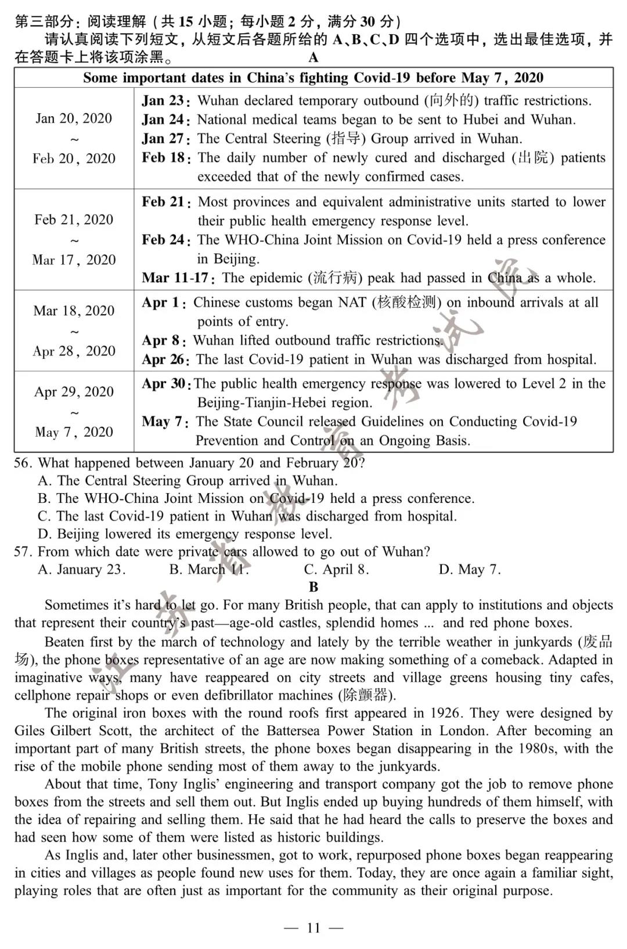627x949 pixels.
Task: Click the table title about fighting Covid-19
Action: tap(313, 78)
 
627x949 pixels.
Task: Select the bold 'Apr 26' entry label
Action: tap(164, 360)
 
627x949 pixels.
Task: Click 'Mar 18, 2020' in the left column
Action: tap(74, 311)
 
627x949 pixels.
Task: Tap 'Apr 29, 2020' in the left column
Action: tap(74, 392)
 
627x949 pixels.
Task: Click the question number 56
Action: tap(22, 463)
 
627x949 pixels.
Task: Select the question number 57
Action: tap(22, 552)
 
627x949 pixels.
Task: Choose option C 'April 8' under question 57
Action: tap(336, 569)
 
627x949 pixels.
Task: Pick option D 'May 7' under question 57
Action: tap(470, 569)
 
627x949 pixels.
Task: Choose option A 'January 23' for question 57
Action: tap(81, 569)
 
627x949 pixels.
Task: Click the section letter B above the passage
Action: tap(313, 587)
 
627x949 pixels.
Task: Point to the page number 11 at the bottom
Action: tap(313, 928)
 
